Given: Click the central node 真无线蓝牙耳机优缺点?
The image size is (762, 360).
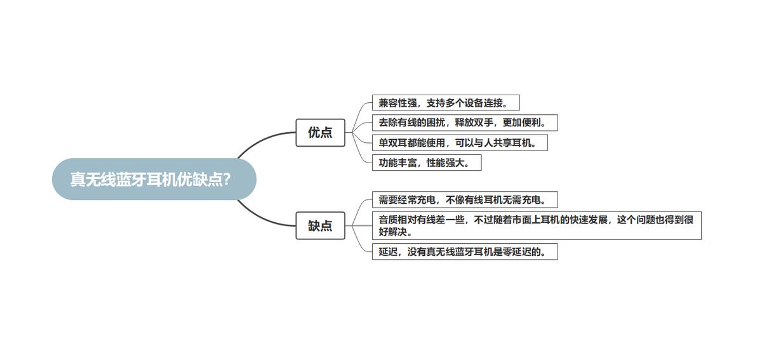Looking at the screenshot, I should pos(154,180).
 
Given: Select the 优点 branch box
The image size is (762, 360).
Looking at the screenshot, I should pos(320,133).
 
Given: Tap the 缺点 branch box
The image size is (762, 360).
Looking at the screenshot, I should pos(320,225).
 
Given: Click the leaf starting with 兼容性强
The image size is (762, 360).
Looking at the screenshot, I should pos(445,103).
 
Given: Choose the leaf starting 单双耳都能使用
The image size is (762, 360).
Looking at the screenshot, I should pos(459,143).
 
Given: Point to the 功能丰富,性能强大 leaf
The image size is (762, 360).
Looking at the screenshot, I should pos(426,163).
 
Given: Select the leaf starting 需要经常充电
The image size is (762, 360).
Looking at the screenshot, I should pos(464,200).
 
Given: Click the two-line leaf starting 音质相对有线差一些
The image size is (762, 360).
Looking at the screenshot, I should pos(536,225).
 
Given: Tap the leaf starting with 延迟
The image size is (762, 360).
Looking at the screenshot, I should pos(464,251).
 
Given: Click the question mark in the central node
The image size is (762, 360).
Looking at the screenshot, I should pos(227,180).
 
